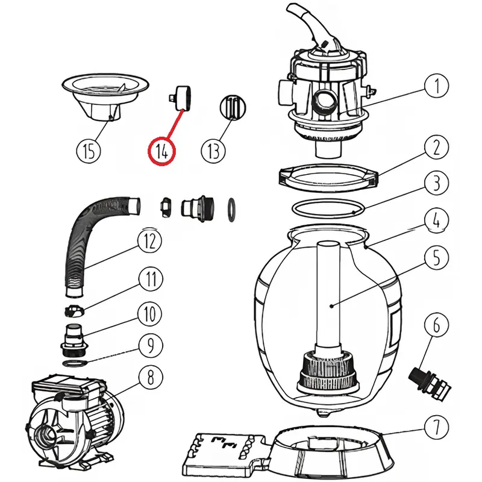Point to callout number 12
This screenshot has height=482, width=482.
pyautogui.click(x=149, y=241)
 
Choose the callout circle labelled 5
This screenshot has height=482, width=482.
pyautogui.click(x=435, y=257)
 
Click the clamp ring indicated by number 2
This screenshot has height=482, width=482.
pyautogui.click(x=328, y=175)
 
